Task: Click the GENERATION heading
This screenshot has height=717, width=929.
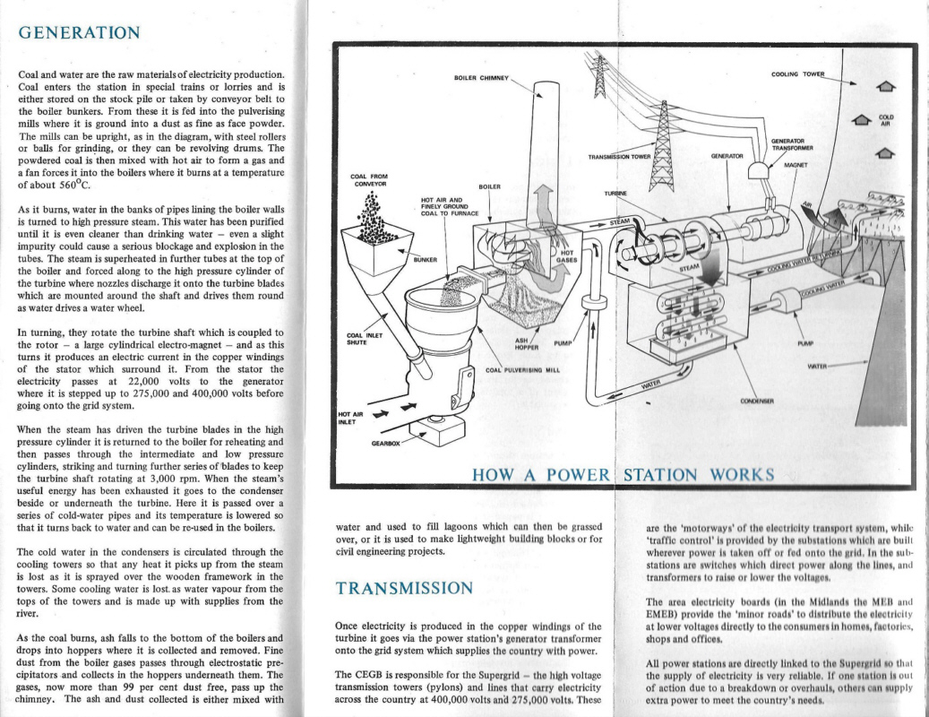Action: coord(80,33)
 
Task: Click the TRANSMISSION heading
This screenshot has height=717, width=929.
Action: coord(403,589)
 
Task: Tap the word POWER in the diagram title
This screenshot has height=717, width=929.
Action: coord(572,474)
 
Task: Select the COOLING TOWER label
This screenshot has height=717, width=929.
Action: coord(798,73)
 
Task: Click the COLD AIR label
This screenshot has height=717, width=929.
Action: coord(886,120)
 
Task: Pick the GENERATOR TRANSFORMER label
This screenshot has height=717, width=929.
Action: coord(791,144)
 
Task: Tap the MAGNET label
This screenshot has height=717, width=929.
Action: coord(796,165)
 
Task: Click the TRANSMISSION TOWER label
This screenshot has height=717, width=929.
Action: coord(619,156)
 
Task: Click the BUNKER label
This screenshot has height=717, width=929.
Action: coord(425,260)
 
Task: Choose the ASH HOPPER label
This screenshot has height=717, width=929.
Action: coord(523,343)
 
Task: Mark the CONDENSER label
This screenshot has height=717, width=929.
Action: coord(758,400)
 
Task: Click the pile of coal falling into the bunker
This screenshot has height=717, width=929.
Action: coord(368,225)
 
